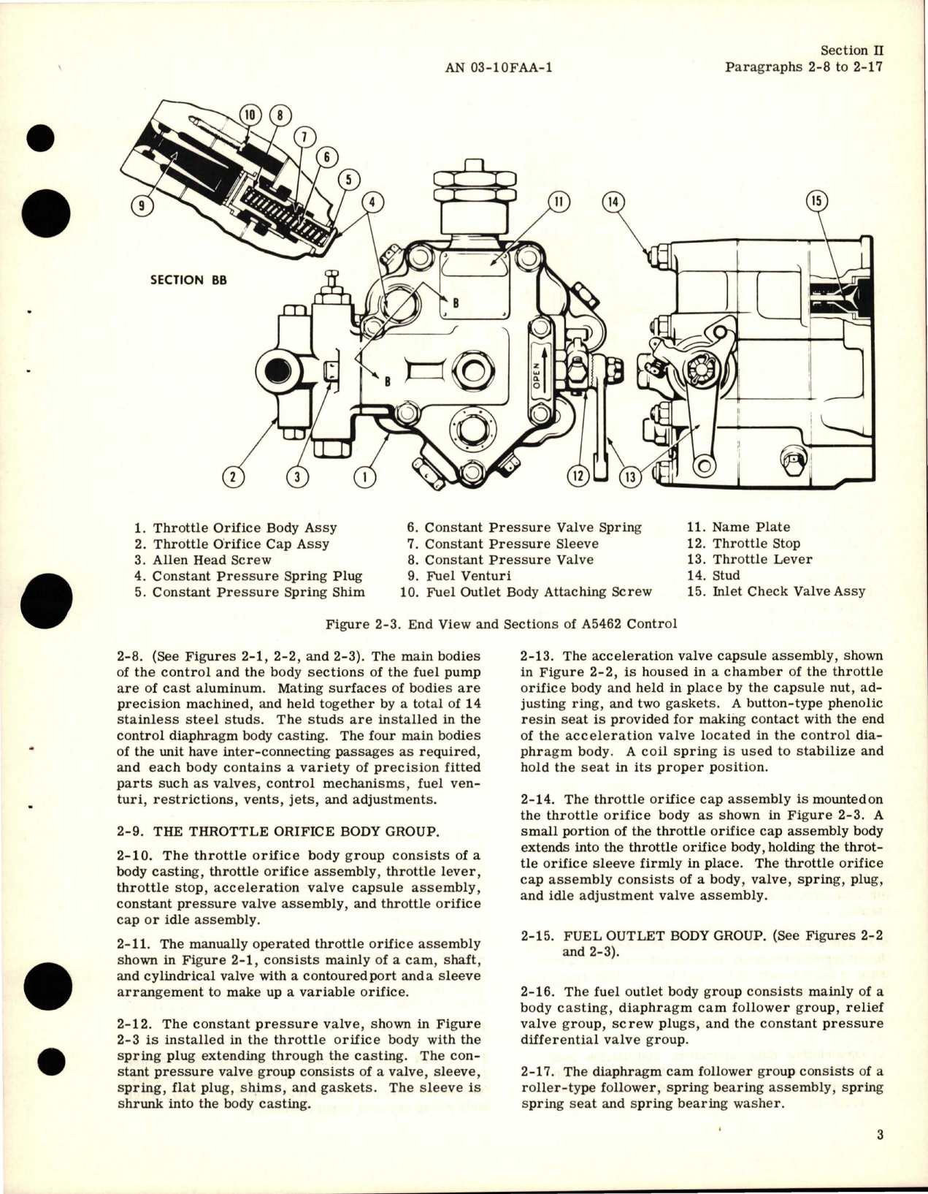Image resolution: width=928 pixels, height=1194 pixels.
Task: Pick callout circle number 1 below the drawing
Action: pyautogui.click(x=363, y=477)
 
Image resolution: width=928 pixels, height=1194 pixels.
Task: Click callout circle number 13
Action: pyautogui.click(x=629, y=477)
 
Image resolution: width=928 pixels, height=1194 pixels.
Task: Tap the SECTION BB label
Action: pyautogui.click(x=188, y=280)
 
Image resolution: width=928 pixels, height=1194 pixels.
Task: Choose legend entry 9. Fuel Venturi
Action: pyautogui.click(x=459, y=576)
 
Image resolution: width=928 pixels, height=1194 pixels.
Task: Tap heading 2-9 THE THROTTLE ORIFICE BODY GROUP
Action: pyautogui.click(x=277, y=831)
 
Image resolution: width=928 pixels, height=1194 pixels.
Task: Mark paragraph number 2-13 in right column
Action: pyautogui.click(x=537, y=655)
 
